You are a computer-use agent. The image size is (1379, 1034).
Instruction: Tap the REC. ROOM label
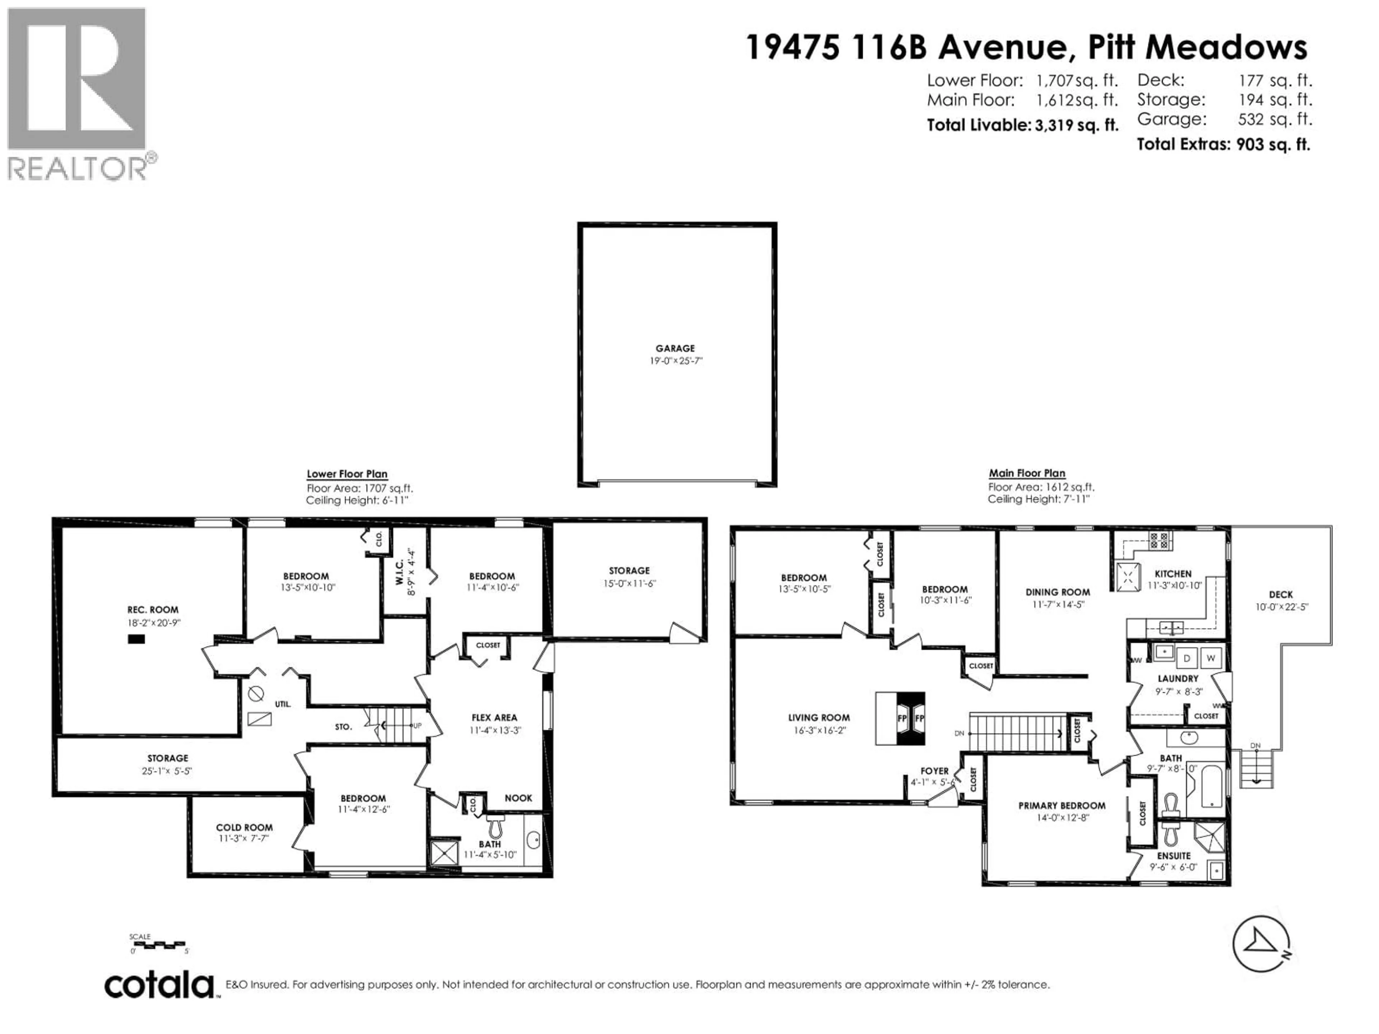(153, 610)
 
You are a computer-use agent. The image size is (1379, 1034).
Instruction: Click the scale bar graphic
(159, 945)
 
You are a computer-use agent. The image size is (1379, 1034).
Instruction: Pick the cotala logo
(159, 986)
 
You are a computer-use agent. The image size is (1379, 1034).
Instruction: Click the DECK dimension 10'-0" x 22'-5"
(1281, 606)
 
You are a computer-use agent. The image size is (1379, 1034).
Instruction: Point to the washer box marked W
(1211, 657)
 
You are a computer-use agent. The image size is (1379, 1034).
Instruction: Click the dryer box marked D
(1187, 657)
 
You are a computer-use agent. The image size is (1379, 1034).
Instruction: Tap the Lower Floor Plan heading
(347, 474)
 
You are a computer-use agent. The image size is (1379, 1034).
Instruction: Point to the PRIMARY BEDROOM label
(1062, 805)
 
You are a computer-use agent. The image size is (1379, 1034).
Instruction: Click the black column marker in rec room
(136, 639)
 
